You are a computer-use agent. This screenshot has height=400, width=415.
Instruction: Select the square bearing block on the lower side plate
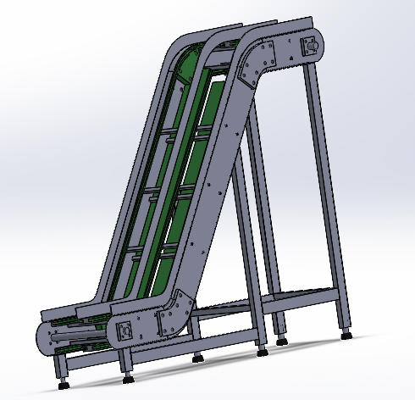124,331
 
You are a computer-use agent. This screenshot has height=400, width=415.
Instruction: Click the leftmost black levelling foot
62,383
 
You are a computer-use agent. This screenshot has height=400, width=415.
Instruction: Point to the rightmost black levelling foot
347,334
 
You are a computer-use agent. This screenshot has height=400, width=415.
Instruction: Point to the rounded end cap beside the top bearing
318,47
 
